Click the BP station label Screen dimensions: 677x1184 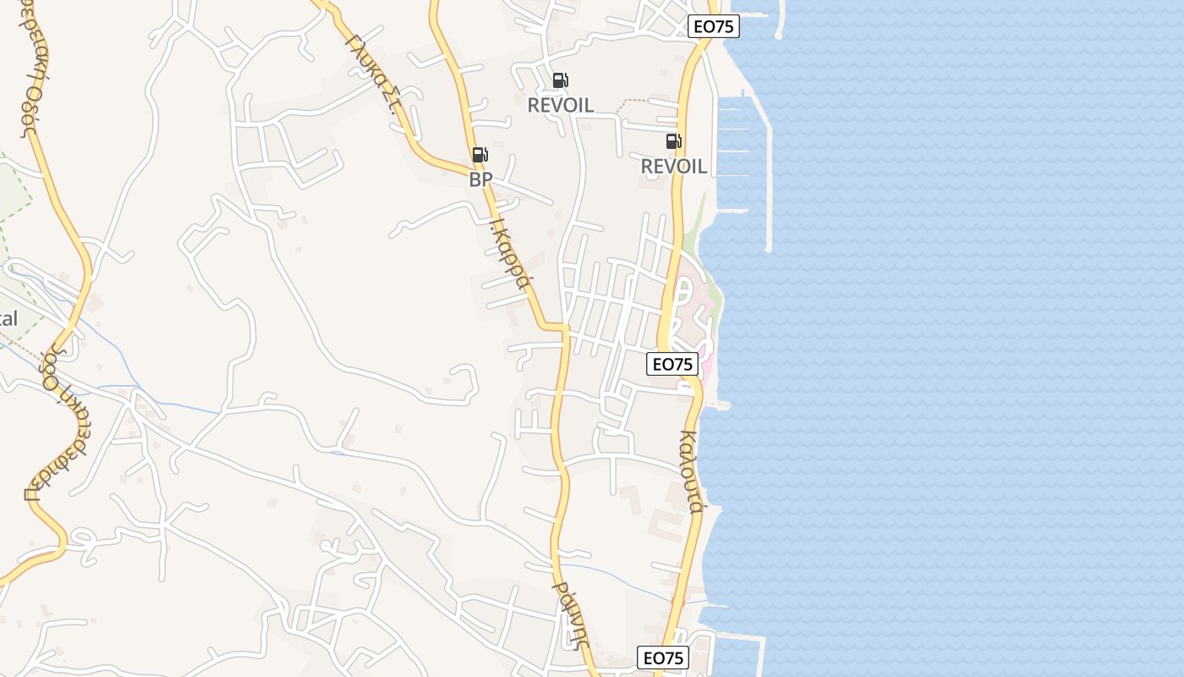[x=480, y=180]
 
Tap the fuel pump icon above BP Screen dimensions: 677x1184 [x=480, y=155]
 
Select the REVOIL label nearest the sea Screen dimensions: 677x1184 [x=673, y=167]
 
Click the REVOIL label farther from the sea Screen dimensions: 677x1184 [x=560, y=106]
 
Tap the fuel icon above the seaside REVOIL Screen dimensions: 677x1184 [x=673, y=141]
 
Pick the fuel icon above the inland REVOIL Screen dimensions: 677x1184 [x=560, y=80]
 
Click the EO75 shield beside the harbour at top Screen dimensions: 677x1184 [x=713, y=26]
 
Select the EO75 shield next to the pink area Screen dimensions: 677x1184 [x=672, y=364]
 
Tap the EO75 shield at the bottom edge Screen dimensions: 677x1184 [x=662, y=658]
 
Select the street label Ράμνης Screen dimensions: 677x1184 [x=568, y=613]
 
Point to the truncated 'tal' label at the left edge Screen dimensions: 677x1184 [x=8, y=319]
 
